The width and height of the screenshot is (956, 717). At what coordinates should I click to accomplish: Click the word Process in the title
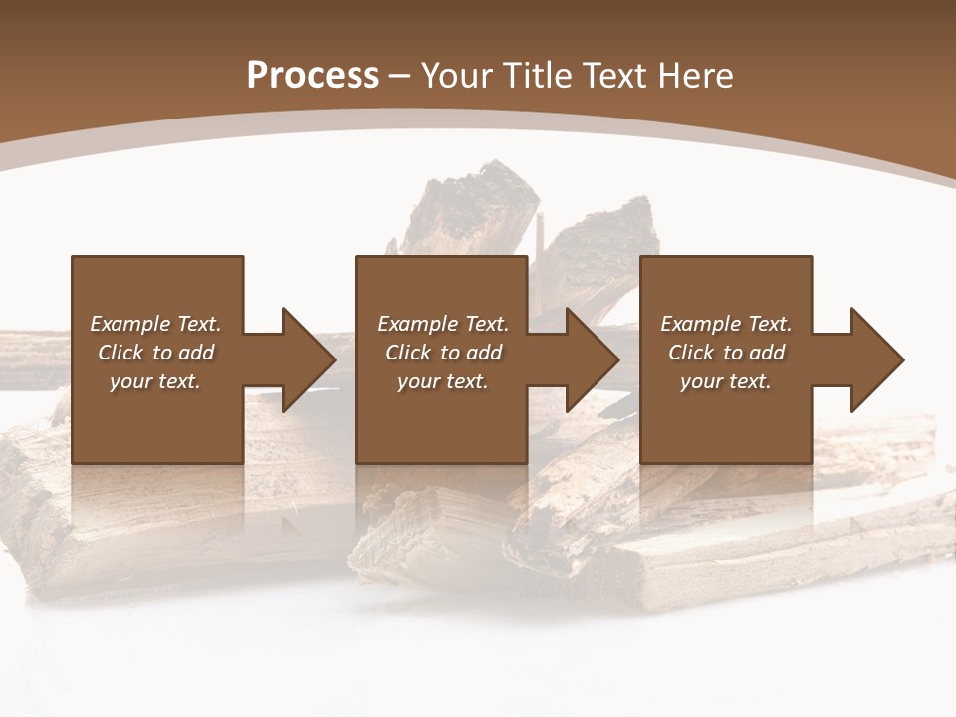(x=313, y=76)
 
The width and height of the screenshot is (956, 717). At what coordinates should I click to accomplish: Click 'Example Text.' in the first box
(x=155, y=324)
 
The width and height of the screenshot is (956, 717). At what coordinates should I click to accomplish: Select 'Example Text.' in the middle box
(x=443, y=324)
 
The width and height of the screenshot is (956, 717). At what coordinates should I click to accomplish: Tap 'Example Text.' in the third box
(x=726, y=324)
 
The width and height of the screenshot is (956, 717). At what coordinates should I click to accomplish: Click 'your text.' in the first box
(x=155, y=381)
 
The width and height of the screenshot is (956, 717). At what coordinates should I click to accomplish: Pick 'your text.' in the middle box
(x=443, y=381)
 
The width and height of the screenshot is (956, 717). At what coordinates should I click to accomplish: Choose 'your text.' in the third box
(x=726, y=381)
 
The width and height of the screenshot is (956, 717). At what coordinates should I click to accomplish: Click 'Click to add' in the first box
(x=155, y=353)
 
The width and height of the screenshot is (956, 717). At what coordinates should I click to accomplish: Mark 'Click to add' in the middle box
(x=443, y=353)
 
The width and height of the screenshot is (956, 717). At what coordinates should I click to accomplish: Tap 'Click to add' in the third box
(x=726, y=353)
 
